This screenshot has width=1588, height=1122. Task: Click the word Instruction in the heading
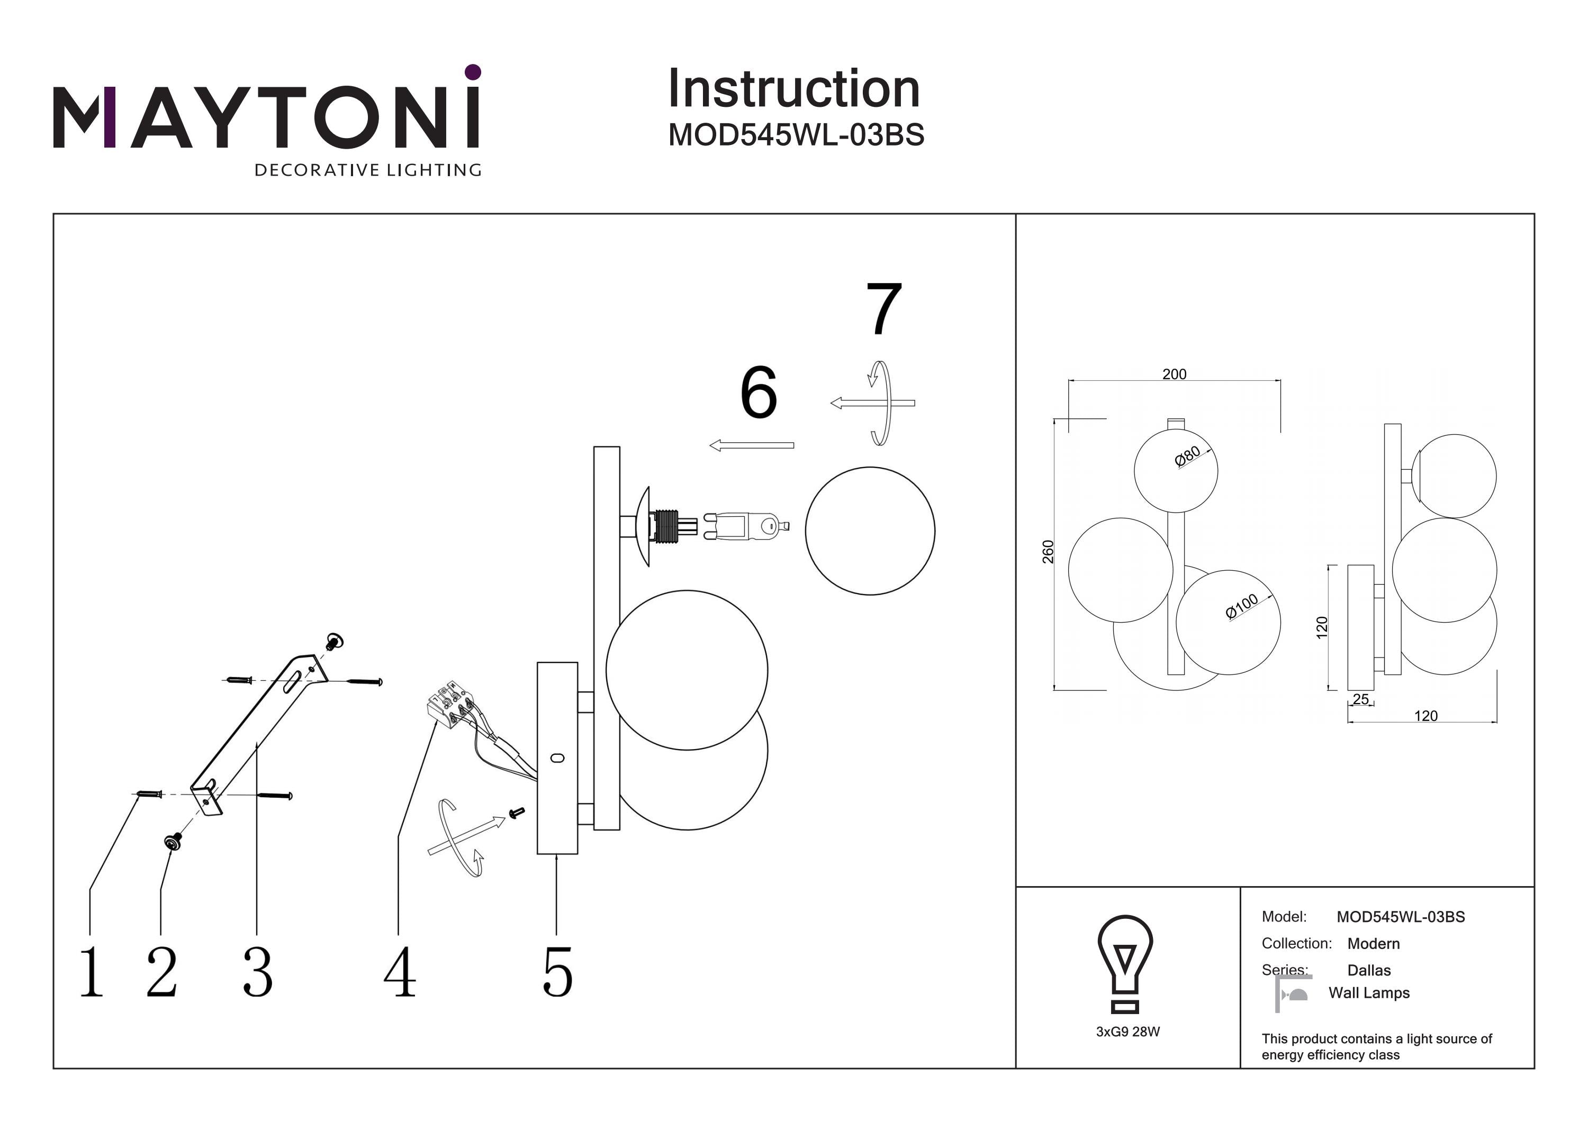[x=793, y=89]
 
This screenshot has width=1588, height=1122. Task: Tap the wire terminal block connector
[x=449, y=704]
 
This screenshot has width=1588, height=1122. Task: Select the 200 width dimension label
[x=1174, y=374]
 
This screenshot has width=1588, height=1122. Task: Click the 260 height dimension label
[x=1048, y=552]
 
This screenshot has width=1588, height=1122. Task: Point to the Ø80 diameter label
[x=1187, y=457]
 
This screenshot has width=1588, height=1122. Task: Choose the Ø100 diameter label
[x=1241, y=606]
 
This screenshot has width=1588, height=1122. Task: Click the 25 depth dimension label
[x=1360, y=699]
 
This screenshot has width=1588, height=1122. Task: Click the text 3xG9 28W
[x=1127, y=1032]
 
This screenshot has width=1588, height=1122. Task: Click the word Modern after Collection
[x=1373, y=944]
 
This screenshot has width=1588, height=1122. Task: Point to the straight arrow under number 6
[x=752, y=446]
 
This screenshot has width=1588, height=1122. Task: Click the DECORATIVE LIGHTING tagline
[x=368, y=170]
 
